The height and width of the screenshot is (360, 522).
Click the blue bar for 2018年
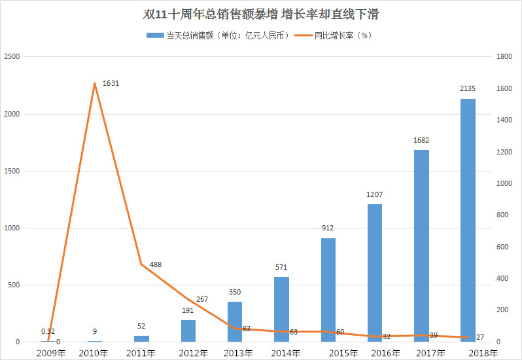(x=468, y=220)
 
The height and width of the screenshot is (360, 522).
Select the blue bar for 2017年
(x=421, y=245)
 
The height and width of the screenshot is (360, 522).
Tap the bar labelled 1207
(x=374, y=272)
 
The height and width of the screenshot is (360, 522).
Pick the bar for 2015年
(x=328, y=289)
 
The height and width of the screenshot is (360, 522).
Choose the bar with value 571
(x=281, y=309)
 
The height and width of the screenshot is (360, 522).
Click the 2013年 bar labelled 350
(x=235, y=321)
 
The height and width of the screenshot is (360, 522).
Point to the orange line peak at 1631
(x=95, y=83)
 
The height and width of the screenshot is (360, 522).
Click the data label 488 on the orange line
(x=155, y=264)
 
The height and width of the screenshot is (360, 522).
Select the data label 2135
(x=468, y=88)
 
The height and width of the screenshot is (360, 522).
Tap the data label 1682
(x=421, y=140)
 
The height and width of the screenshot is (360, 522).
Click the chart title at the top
(x=261, y=14)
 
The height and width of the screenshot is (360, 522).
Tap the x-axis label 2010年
(x=94, y=353)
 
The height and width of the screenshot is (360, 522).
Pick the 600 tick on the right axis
(x=502, y=247)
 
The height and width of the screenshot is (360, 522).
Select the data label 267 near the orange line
(x=202, y=299)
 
